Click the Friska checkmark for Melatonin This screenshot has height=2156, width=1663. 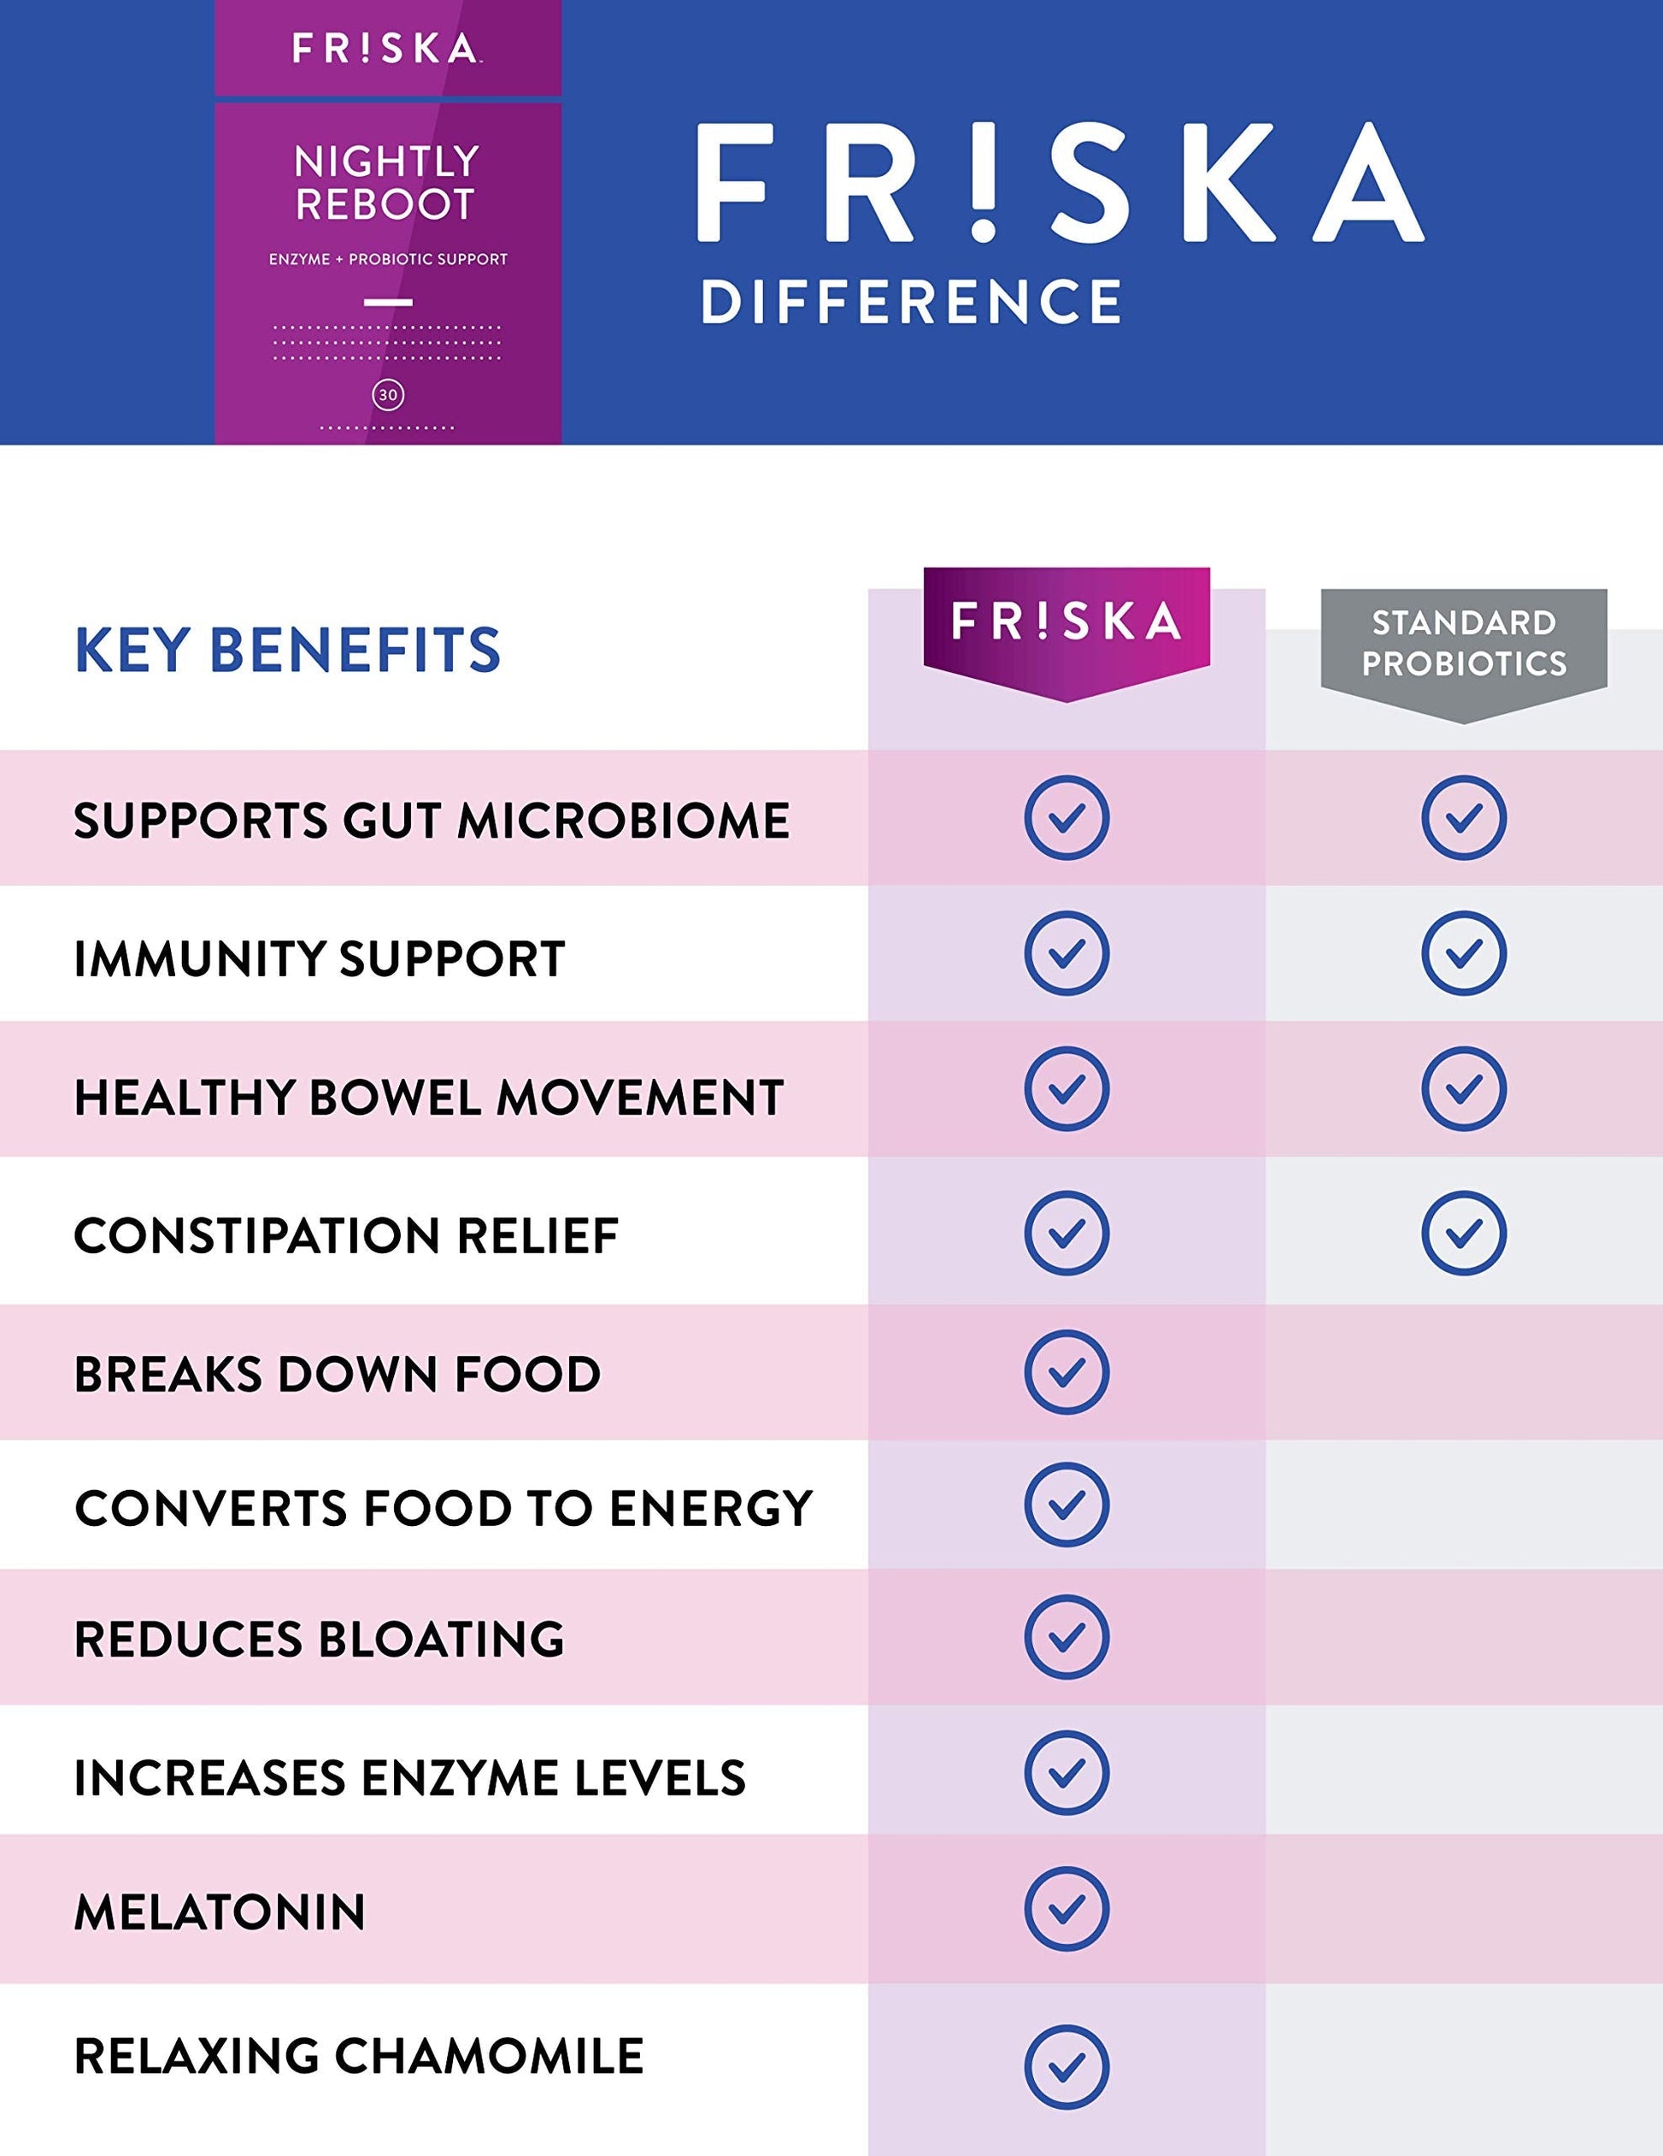1066,1910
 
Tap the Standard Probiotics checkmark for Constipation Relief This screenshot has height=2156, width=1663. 1464,1233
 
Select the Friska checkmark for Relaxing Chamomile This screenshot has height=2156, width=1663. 1066,2066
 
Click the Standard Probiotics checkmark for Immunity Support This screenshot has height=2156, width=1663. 1464,952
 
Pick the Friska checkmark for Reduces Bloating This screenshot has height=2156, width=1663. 1066,1638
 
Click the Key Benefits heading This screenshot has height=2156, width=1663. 287,651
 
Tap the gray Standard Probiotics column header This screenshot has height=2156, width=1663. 1464,644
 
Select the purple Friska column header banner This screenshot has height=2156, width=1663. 1066,624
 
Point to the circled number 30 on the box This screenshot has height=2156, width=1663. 388,395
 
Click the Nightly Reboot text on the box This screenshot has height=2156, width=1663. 387,183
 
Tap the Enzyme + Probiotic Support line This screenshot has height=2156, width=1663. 388,260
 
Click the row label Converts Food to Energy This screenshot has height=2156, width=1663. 444,1507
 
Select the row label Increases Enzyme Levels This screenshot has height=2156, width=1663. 409,1778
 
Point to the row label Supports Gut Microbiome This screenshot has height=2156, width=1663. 432,821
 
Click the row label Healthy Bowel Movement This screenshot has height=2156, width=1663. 428,1097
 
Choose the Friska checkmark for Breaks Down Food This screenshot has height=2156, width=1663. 1066,1372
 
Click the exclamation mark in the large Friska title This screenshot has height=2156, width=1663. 983,184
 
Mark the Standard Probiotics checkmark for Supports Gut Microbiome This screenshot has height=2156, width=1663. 1464,817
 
